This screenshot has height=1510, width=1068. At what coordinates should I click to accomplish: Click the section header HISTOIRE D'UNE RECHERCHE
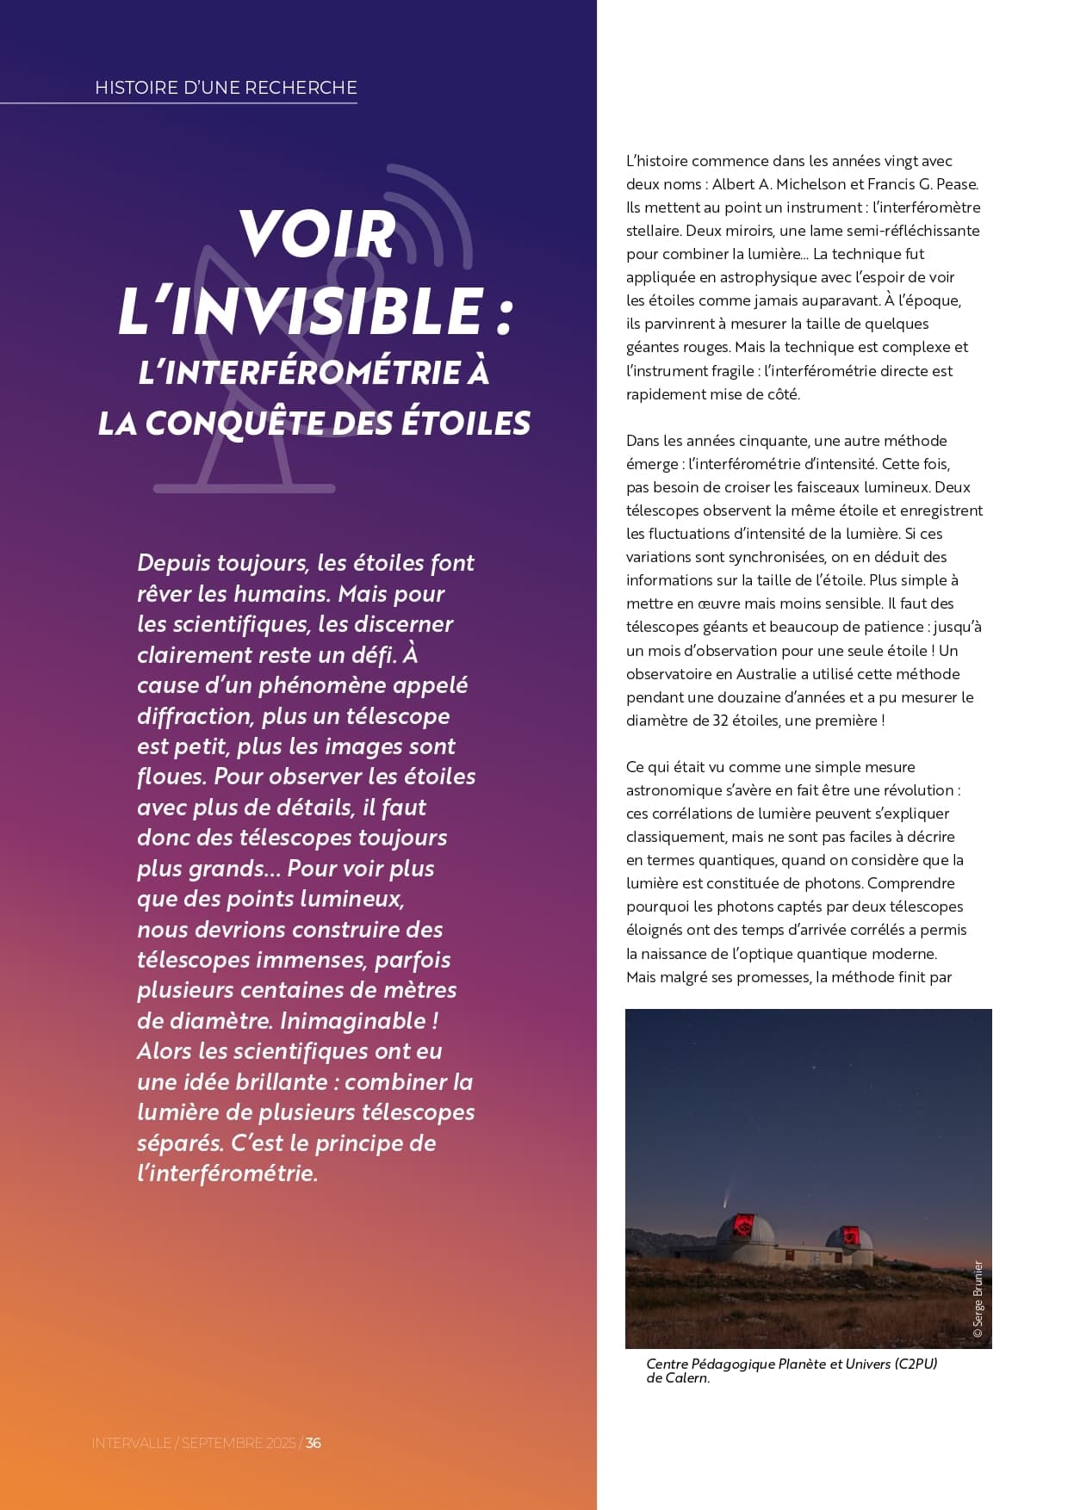(226, 88)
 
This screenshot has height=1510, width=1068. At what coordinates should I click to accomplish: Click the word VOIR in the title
(316, 233)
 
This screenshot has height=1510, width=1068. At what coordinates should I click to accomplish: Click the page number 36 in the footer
(314, 1443)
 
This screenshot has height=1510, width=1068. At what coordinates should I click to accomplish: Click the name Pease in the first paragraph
(955, 184)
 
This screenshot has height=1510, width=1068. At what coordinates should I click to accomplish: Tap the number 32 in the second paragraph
(721, 721)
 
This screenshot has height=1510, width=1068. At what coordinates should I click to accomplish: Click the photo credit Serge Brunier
(978, 1299)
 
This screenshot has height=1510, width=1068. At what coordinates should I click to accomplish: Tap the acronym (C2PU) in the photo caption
(916, 1364)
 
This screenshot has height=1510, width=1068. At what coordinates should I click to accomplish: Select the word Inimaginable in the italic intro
(353, 1021)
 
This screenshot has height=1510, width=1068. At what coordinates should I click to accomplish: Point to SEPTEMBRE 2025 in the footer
(238, 1443)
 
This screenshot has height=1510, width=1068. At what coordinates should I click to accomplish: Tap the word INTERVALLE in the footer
(132, 1443)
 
